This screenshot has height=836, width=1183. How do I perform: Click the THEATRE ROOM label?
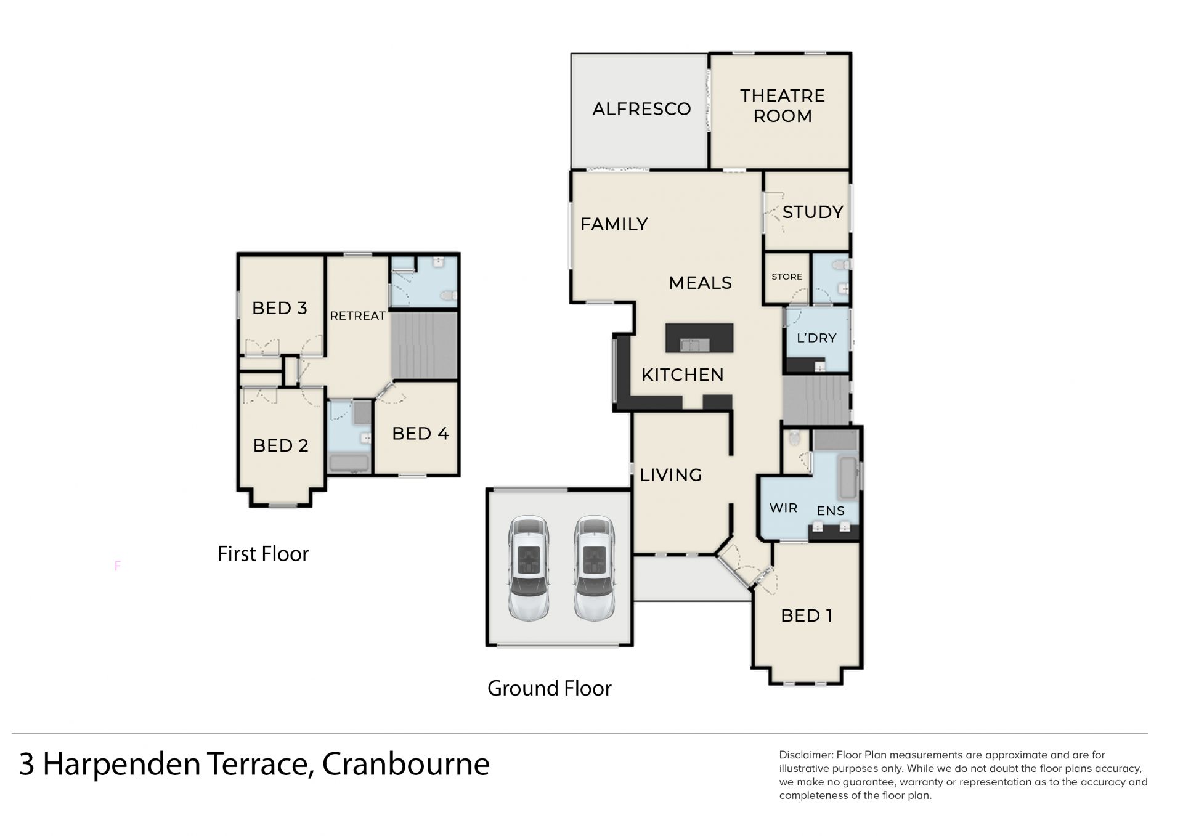pos(782,105)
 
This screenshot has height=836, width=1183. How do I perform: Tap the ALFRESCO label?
pos(641,109)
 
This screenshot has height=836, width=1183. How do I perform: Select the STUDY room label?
pos(812,212)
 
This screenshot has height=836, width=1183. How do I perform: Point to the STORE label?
pos(787,277)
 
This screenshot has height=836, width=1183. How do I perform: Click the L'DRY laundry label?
pos(816,338)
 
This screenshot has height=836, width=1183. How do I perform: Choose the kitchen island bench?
pos(699,338)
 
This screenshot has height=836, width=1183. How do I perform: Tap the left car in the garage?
pos(529,567)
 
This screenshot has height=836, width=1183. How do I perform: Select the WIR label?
pos(783,508)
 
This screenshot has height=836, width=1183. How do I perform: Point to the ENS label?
pos(830,511)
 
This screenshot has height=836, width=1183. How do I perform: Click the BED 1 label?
pos(807,615)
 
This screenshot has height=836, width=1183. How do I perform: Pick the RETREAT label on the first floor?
pos(357,315)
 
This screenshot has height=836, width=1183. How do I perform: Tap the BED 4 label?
pos(420,433)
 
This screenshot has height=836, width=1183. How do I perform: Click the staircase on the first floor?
pos(424,345)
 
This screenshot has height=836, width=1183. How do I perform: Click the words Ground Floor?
pos(549,688)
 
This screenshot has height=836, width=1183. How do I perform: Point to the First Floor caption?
pos(262,553)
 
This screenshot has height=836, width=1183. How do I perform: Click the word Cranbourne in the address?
pos(405,764)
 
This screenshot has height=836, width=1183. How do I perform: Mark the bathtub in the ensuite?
pos(848,477)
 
